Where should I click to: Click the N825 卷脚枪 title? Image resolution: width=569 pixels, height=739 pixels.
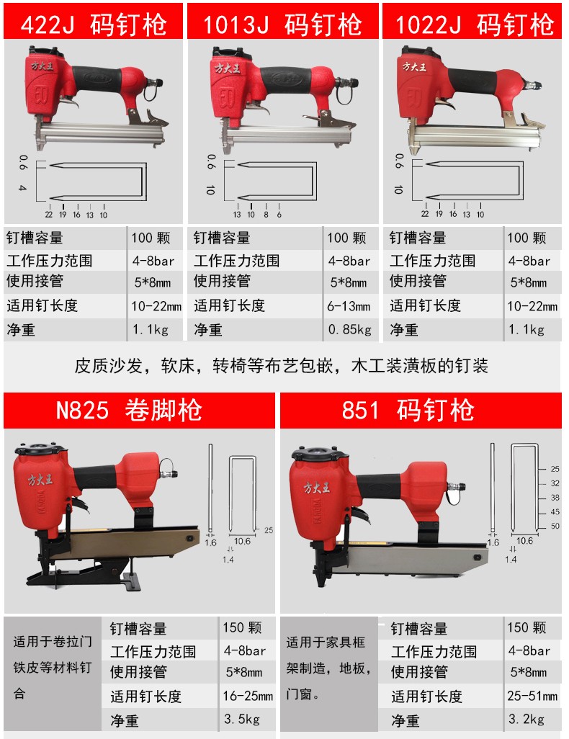[139, 410]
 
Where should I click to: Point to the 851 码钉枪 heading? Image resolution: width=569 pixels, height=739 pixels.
[421, 410]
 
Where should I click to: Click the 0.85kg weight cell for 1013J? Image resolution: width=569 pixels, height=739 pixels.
[350, 329]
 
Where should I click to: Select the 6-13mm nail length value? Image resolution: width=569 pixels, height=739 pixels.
[349, 306]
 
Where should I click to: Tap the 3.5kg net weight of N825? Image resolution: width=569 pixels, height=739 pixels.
[242, 720]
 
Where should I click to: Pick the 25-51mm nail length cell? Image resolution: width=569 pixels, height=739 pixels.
[532, 696]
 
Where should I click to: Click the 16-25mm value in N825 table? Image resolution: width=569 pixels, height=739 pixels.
[248, 696]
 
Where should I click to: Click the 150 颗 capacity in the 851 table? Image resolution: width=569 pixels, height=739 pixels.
[527, 628]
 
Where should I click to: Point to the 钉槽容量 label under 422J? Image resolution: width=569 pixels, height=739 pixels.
[35, 238]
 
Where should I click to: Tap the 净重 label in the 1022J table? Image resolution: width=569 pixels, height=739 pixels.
[404, 330]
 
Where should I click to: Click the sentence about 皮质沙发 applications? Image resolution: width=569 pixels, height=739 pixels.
[282, 366]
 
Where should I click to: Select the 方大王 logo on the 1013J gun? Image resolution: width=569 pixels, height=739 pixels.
[227, 68]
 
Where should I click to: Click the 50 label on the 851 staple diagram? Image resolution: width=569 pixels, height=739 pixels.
[555, 526]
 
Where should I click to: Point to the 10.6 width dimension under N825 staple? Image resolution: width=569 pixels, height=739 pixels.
[242, 542]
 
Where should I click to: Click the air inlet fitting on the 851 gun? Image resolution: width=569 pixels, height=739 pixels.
[455, 488]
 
